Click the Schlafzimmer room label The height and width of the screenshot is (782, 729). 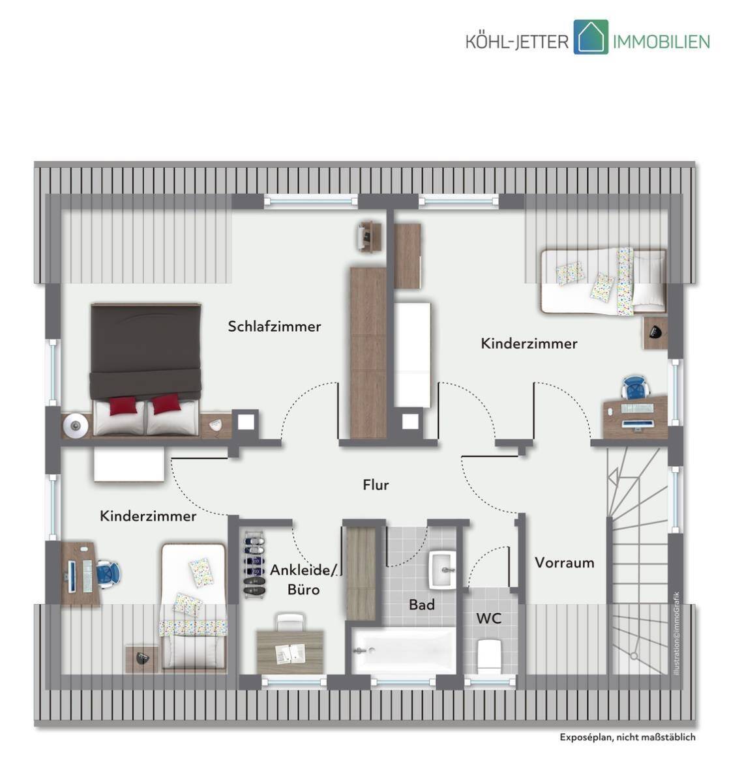[275, 326]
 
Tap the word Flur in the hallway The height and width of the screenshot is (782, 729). [376, 485]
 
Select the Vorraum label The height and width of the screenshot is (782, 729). [564, 562]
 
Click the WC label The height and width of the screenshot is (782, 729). [488, 618]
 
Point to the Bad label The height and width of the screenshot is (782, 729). [422, 604]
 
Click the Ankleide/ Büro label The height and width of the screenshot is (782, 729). [303, 579]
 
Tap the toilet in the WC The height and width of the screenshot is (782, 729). [490, 656]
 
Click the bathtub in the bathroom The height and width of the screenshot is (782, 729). [404, 651]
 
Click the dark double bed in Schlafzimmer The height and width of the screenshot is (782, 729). [146, 369]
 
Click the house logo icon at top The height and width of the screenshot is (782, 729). [591, 37]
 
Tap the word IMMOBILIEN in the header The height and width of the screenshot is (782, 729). [661, 42]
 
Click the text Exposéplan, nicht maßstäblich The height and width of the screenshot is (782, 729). [627, 737]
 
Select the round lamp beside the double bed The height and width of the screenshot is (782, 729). [76, 426]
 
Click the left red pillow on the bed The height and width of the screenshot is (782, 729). [123, 406]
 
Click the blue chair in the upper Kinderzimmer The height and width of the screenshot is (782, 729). [634, 386]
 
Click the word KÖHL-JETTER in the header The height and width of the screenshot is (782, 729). [517, 42]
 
